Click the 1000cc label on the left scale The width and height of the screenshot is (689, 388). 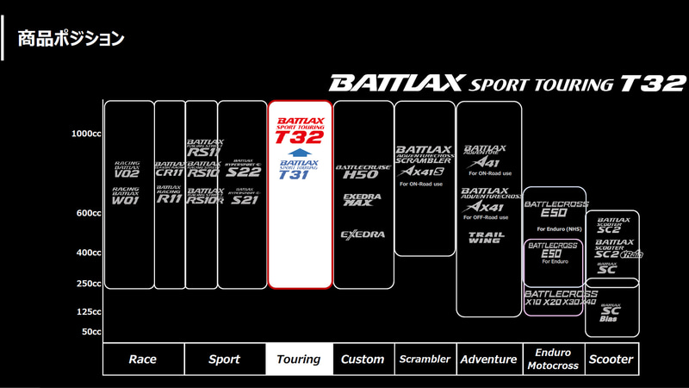(87, 134)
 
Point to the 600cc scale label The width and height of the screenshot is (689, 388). (89, 213)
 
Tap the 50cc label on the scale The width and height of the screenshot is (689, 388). (91, 331)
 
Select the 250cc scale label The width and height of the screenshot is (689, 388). (89, 284)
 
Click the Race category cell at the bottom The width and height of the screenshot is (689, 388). (142, 360)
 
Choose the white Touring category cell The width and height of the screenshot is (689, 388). (299, 360)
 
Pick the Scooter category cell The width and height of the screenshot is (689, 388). (611, 360)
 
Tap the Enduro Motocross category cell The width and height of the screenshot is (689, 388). (553, 360)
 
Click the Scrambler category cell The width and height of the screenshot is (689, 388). (425, 360)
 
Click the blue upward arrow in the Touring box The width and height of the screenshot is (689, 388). (299, 153)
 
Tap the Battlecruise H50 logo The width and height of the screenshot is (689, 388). (363, 169)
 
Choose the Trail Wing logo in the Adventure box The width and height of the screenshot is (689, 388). (486, 237)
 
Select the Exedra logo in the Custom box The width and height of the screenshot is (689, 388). (362, 234)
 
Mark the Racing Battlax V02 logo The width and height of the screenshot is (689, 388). (127, 168)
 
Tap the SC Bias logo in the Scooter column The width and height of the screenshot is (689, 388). (611, 312)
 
